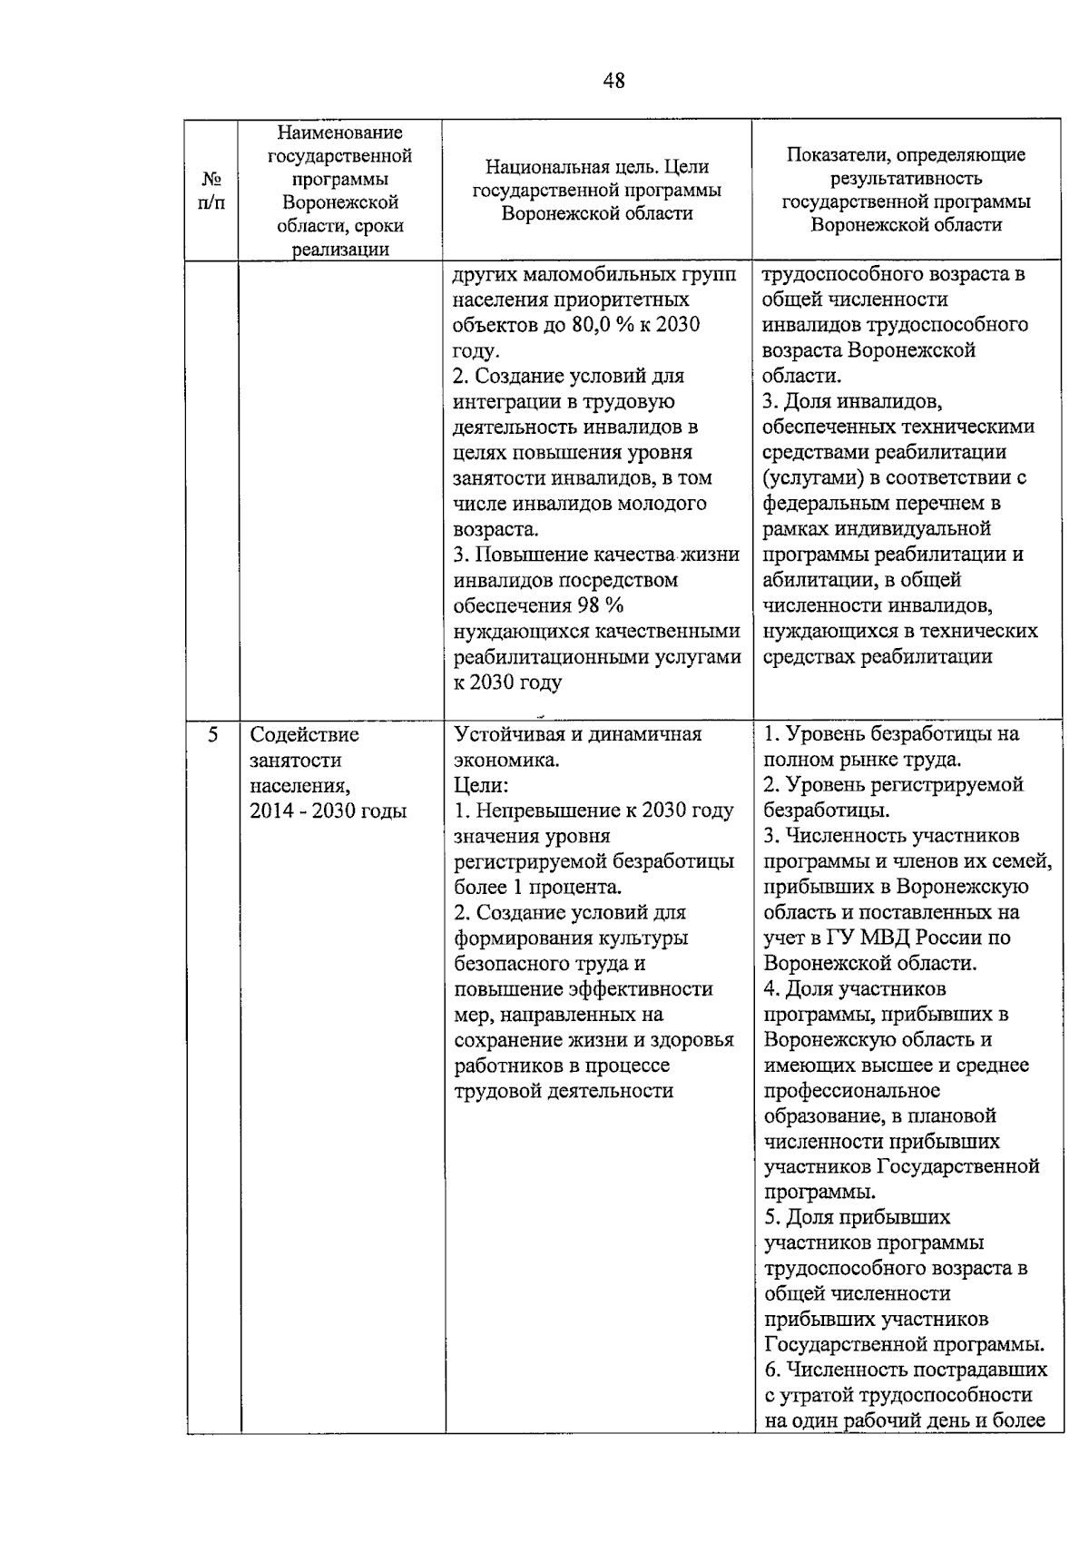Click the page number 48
pyautogui.click(x=613, y=82)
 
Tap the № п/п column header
pyautogui.click(x=211, y=191)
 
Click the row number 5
pyautogui.click(x=212, y=734)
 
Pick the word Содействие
pyautogui.click(x=304, y=734)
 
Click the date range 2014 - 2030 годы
pyautogui.click(x=329, y=810)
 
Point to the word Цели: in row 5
pyautogui.click(x=481, y=785)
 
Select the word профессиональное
pyautogui.click(x=852, y=1090)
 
